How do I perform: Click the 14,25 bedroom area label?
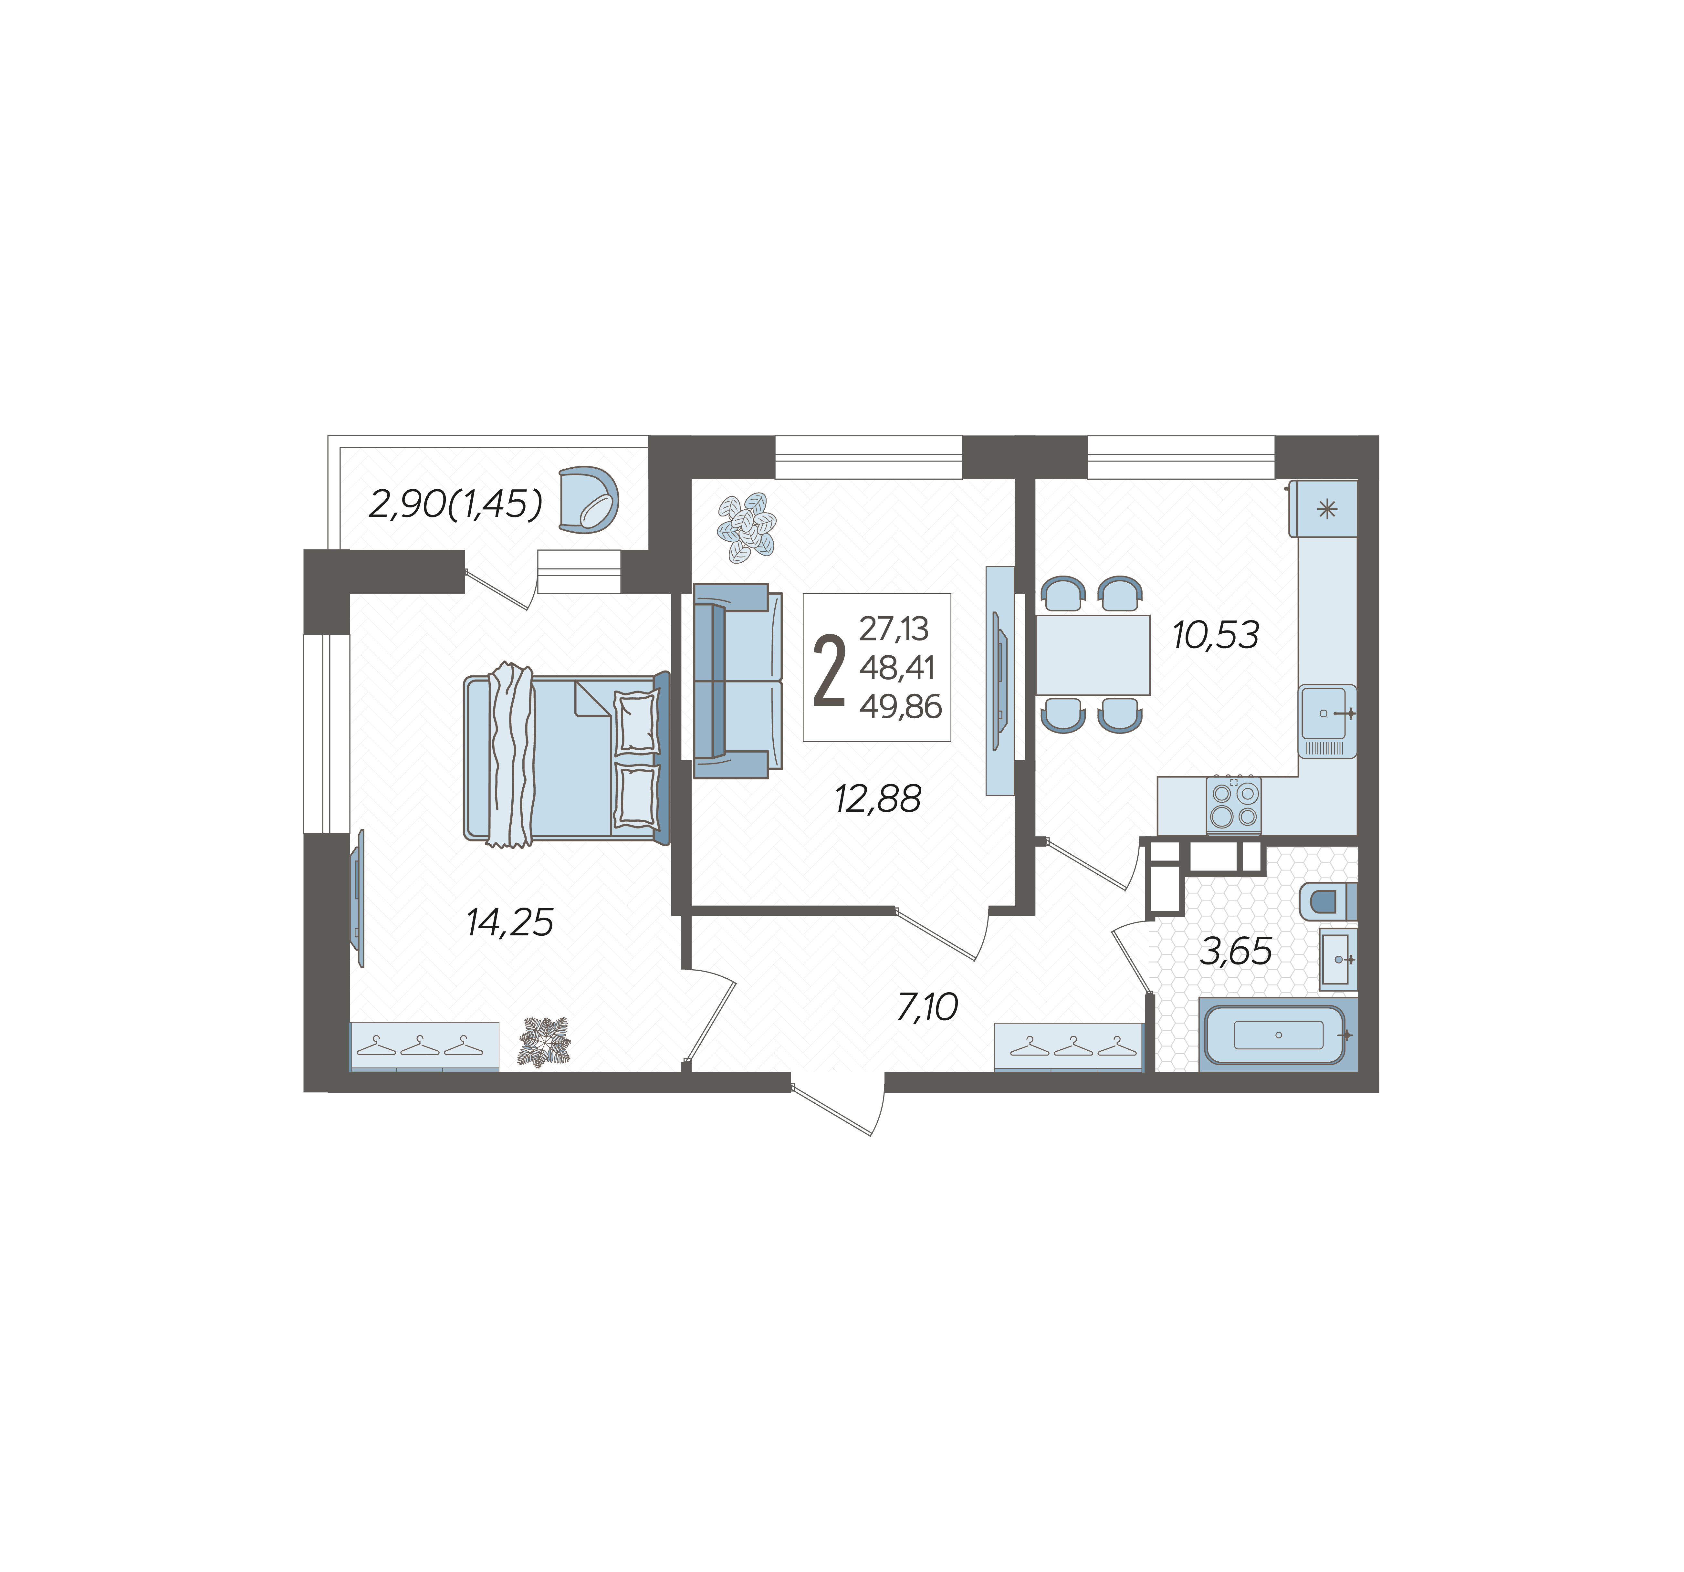click(x=510, y=922)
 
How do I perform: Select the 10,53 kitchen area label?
click(x=1216, y=634)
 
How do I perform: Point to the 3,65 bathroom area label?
click(x=1236, y=952)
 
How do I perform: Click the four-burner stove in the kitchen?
click(x=1233, y=805)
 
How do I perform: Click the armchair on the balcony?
click(x=589, y=501)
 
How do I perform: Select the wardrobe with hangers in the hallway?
click(x=1069, y=1047)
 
